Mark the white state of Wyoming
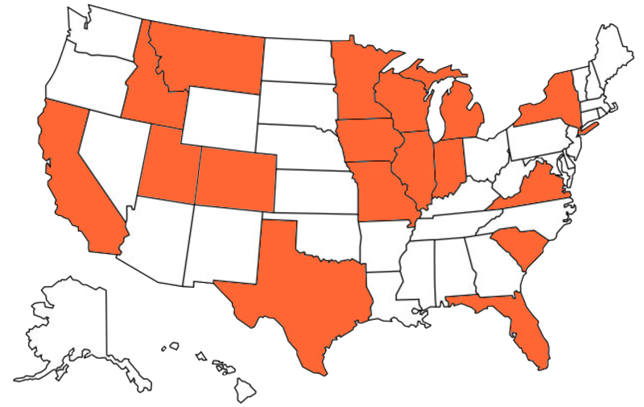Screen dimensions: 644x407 tap(221, 117)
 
